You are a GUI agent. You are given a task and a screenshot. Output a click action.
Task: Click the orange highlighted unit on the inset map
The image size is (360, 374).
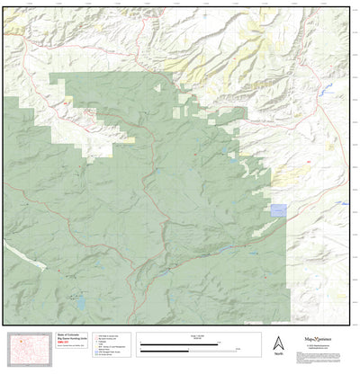click(21, 344)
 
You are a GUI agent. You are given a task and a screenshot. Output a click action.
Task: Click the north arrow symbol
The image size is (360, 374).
click(277, 343)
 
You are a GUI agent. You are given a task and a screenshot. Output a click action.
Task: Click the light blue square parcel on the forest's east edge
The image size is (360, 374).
click(279, 209)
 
